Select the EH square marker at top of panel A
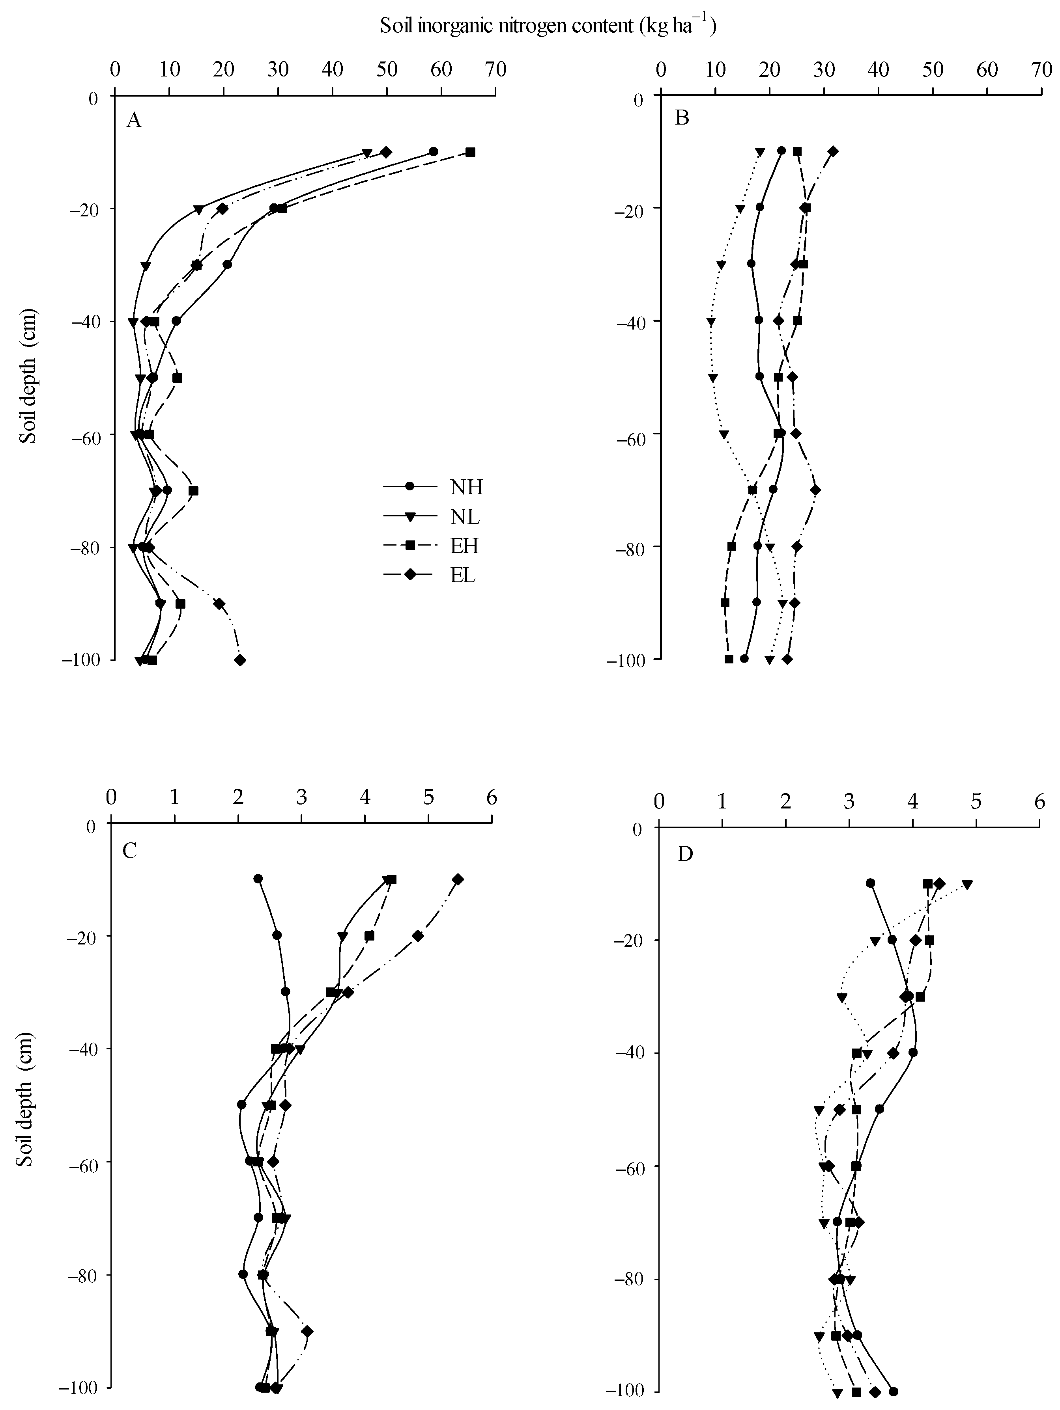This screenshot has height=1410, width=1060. click(x=470, y=152)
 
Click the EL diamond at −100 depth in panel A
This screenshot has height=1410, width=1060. click(x=240, y=660)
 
